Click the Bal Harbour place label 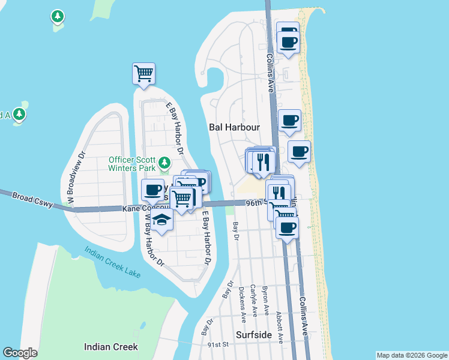pos(234,127)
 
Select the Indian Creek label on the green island pos(111,347)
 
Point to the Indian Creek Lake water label pos(112,263)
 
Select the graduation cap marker pos(161,220)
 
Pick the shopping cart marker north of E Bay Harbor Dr pos(144,74)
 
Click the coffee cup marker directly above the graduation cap pos(153,190)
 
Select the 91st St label pos(218,345)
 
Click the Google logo pos(20,353)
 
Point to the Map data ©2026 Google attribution pos(411,355)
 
